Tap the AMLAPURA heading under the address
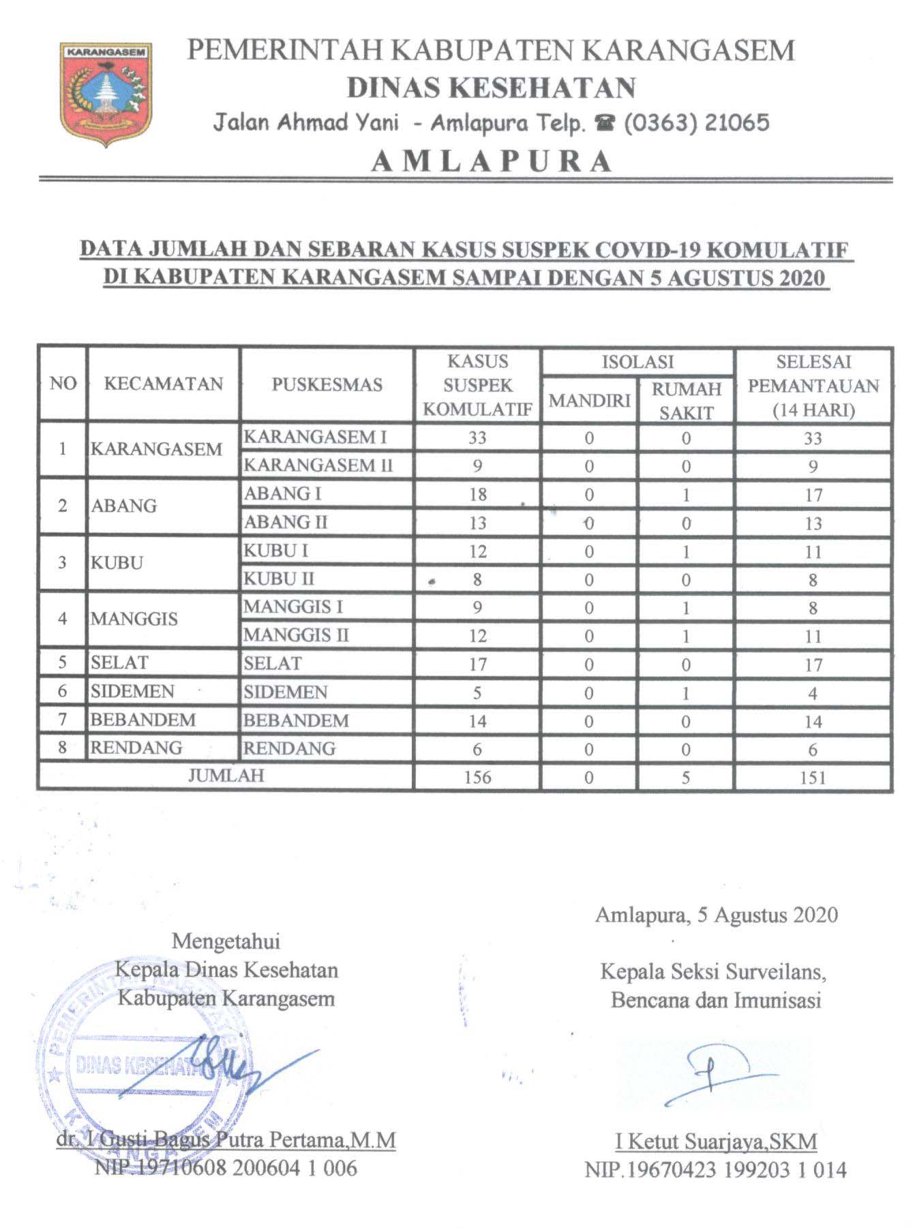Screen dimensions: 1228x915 (x=492, y=161)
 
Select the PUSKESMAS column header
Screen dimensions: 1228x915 (x=327, y=384)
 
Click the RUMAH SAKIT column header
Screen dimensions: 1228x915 (x=686, y=401)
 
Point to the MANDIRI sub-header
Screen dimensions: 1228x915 (x=589, y=401)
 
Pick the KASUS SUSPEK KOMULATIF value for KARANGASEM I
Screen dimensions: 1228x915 (x=477, y=438)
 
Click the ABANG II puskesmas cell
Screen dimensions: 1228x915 (x=286, y=523)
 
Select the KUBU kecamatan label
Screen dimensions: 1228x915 (x=117, y=563)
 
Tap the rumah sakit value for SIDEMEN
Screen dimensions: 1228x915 (x=686, y=693)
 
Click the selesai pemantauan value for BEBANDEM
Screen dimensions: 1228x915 (x=813, y=722)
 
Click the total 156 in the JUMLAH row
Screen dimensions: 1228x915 (x=477, y=778)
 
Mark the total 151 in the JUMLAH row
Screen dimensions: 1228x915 (x=813, y=778)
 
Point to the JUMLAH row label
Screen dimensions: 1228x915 (x=226, y=776)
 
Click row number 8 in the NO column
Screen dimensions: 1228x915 (x=62, y=748)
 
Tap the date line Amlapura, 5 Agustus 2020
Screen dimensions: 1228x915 (x=716, y=915)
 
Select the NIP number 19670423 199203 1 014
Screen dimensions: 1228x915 (x=715, y=1170)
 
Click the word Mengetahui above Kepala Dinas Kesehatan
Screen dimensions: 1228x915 (x=226, y=941)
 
